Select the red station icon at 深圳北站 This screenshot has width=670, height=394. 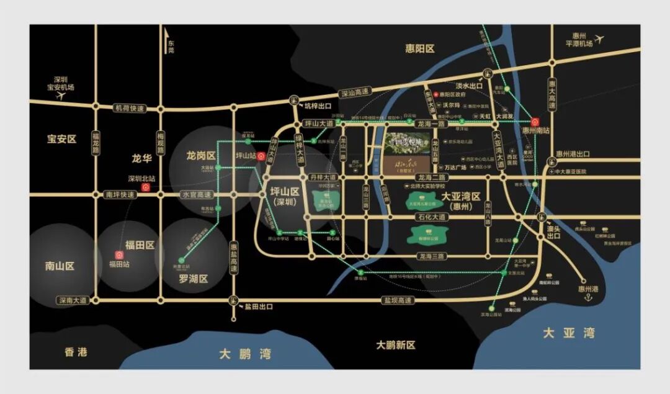[146, 187]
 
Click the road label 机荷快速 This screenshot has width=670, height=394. [129, 108]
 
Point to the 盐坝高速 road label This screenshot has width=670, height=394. [396, 300]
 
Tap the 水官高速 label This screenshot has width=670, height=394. [197, 194]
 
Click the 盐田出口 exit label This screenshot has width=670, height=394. [258, 307]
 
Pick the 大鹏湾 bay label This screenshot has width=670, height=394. [245, 354]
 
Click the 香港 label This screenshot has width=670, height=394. [76, 352]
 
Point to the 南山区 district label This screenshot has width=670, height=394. [60, 266]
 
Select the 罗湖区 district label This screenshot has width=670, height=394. [192, 279]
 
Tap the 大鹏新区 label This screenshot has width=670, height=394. [395, 345]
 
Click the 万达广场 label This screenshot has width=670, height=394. [459, 167]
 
